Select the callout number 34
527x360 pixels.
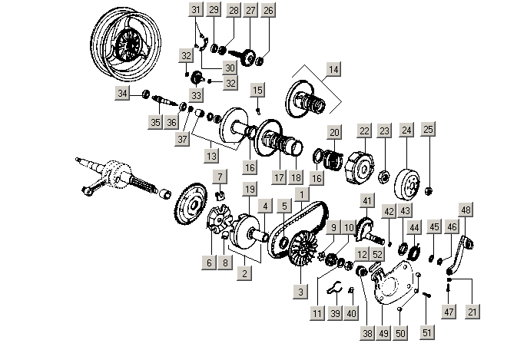point(123,94)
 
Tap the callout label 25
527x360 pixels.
point(429,130)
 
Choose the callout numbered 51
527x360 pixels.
point(427,333)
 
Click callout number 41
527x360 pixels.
point(367,201)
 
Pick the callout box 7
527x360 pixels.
point(219,178)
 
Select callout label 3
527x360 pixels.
point(301,292)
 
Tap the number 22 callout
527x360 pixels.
point(364,130)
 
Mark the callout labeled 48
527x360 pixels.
point(466,210)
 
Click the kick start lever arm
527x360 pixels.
point(459,253)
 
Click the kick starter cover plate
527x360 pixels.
point(396,284)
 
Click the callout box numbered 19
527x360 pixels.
point(249,189)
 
